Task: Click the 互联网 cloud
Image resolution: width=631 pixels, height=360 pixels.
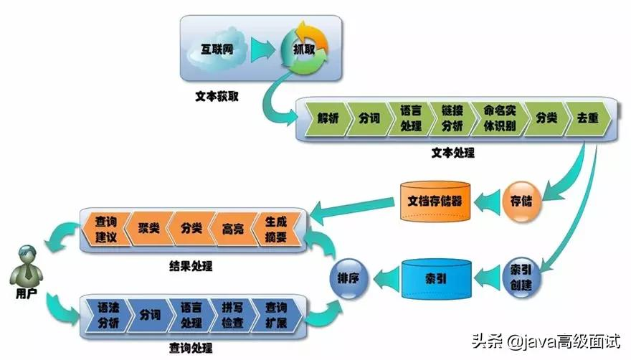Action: pyautogui.click(x=218, y=52)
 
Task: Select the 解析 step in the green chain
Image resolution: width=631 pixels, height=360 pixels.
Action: pyautogui.click(x=326, y=119)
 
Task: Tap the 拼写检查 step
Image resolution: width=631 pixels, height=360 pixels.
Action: pyautogui.click(x=230, y=315)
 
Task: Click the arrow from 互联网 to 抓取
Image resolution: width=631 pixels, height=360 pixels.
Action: pyautogui.click(x=261, y=50)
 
